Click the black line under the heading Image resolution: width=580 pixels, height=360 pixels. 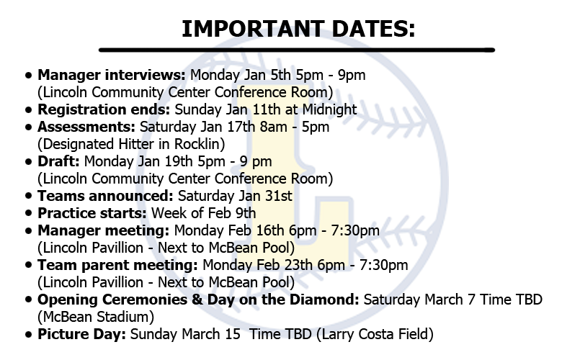point(296,50)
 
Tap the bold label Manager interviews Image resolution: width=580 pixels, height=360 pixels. point(112,74)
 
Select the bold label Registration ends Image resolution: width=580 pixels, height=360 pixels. point(104,109)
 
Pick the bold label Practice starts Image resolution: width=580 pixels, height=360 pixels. point(92,212)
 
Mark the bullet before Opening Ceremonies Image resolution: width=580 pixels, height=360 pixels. point(28,300)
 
